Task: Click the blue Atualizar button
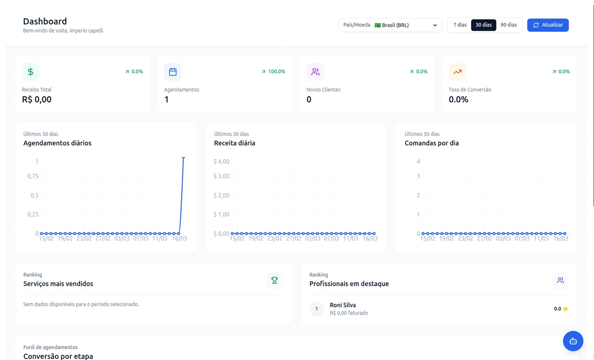pyautogui.click(x=548, y=25)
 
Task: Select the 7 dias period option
pyautogui.click(x=460, y=25)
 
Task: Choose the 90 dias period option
pyautogui.click(x=509, y=25)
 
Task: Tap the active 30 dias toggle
pyautogui.click(x=483, y=25)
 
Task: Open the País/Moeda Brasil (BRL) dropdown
pyautogui.click(x=391, y=25)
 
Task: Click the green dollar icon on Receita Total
pyautogui.click(x=31, y=72)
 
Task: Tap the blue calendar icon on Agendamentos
pyautogui.click(x=173, y=72)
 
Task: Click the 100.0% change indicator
pyautogui.click(x=273, y=72)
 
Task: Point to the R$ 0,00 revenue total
pyautogui.click(x=37, y=99)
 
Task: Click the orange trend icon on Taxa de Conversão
pyautogui.click(x=457, y=72)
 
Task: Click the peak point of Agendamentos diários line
pyautogui.click(x=183, y=158)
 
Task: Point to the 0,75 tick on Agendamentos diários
pyautogui.click(x=33, y=176)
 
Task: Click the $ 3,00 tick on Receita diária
pyautogui.click(x=221, y=176)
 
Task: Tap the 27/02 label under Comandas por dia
pyautogui.click(x=484, y=238)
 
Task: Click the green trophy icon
pyautogui.click(x=274, y=280)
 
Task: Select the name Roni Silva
pyautogui.click(x=343, y=305)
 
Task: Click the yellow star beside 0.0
pyautogui.click(x=565, y=308)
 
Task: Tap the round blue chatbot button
pyautogui.click(x=573, y=341)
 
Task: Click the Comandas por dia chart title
pyautogui.click(x=432, y=143)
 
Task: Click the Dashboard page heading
pyautogui.click(x=45, y=21)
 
